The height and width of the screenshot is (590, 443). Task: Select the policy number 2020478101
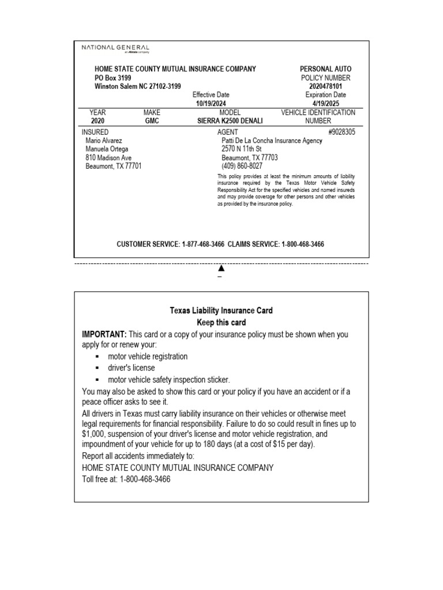tap(325, 86)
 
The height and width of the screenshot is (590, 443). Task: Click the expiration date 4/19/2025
tap(325, 104)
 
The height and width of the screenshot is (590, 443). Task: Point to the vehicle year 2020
tap(98, 122)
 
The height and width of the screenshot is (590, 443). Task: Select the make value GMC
tap(152, 122)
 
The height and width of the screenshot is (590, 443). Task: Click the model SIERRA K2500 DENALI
tap(230, 122)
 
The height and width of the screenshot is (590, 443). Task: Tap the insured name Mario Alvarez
tap(104, 141)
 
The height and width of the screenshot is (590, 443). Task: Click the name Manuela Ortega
tap(107, 149)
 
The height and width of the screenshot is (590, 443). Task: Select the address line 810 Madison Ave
tap(108, 158)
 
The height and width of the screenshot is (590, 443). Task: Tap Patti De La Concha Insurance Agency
tap(272, 141)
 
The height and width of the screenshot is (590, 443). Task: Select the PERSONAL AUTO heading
tap(325, 69)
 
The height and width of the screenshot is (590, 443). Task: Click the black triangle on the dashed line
tap(221, 268)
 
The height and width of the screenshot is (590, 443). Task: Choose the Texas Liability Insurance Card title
tap(221, 311)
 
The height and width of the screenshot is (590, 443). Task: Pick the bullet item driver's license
tap(131, 368)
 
